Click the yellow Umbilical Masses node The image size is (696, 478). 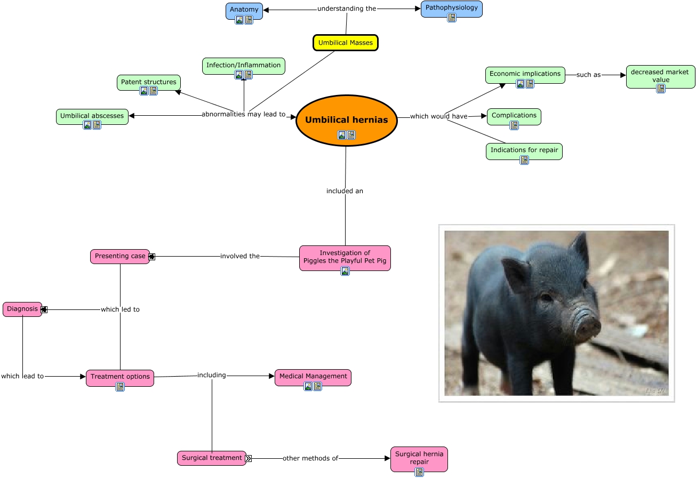(345, 43)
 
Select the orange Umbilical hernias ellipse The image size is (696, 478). (346, 120)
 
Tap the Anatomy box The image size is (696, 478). (244, 10)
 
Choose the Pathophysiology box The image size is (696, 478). (451, 8)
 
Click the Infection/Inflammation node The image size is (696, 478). (243, 65)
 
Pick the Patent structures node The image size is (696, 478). (148, 82)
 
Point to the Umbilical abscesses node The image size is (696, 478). (92, 116)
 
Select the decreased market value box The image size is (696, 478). (660, 76)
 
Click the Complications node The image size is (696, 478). (514, 115)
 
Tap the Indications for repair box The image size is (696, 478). (524, 150)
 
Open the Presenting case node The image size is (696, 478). (120, 256)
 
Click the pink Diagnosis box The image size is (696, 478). (22, 309)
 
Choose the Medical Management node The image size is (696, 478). (313, 376)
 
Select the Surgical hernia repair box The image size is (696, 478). (419, 458)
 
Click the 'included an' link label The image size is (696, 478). (345, 191)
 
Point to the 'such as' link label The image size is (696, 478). (588, 75)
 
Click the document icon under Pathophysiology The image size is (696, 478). (452, 18)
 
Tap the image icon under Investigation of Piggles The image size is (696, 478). (345, 271)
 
